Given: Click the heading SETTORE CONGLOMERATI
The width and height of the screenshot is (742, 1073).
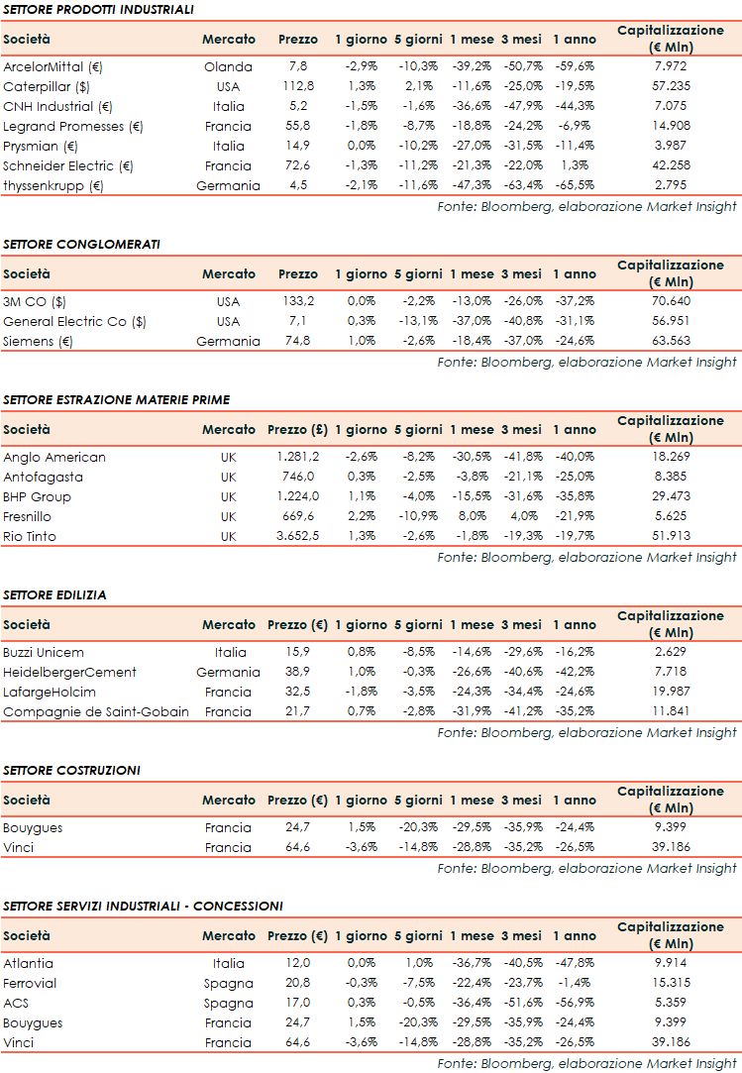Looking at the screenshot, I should click(x=81, y=244).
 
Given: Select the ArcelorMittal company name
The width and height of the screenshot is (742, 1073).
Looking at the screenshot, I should click(x=53, y=67).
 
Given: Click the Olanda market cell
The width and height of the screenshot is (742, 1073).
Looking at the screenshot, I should click(x=228, y=67).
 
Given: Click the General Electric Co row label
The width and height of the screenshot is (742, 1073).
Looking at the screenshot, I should click(x=74, y=321).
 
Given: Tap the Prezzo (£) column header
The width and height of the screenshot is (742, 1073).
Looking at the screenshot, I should click(x=298, y=430).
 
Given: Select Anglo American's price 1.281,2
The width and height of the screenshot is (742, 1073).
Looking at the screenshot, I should click(x=298, y=458).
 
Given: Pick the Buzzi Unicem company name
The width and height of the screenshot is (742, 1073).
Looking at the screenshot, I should click(x=44, y=653).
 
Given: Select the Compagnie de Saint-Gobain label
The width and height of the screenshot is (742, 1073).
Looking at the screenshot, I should click(x=96, y=711).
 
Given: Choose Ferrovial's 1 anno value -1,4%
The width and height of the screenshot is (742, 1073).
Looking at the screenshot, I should click(x=574, y=983).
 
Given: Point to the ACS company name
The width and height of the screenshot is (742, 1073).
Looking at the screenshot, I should click(x=16, y=1003).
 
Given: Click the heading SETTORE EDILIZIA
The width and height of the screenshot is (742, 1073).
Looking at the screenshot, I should click(x=54, y=594).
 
